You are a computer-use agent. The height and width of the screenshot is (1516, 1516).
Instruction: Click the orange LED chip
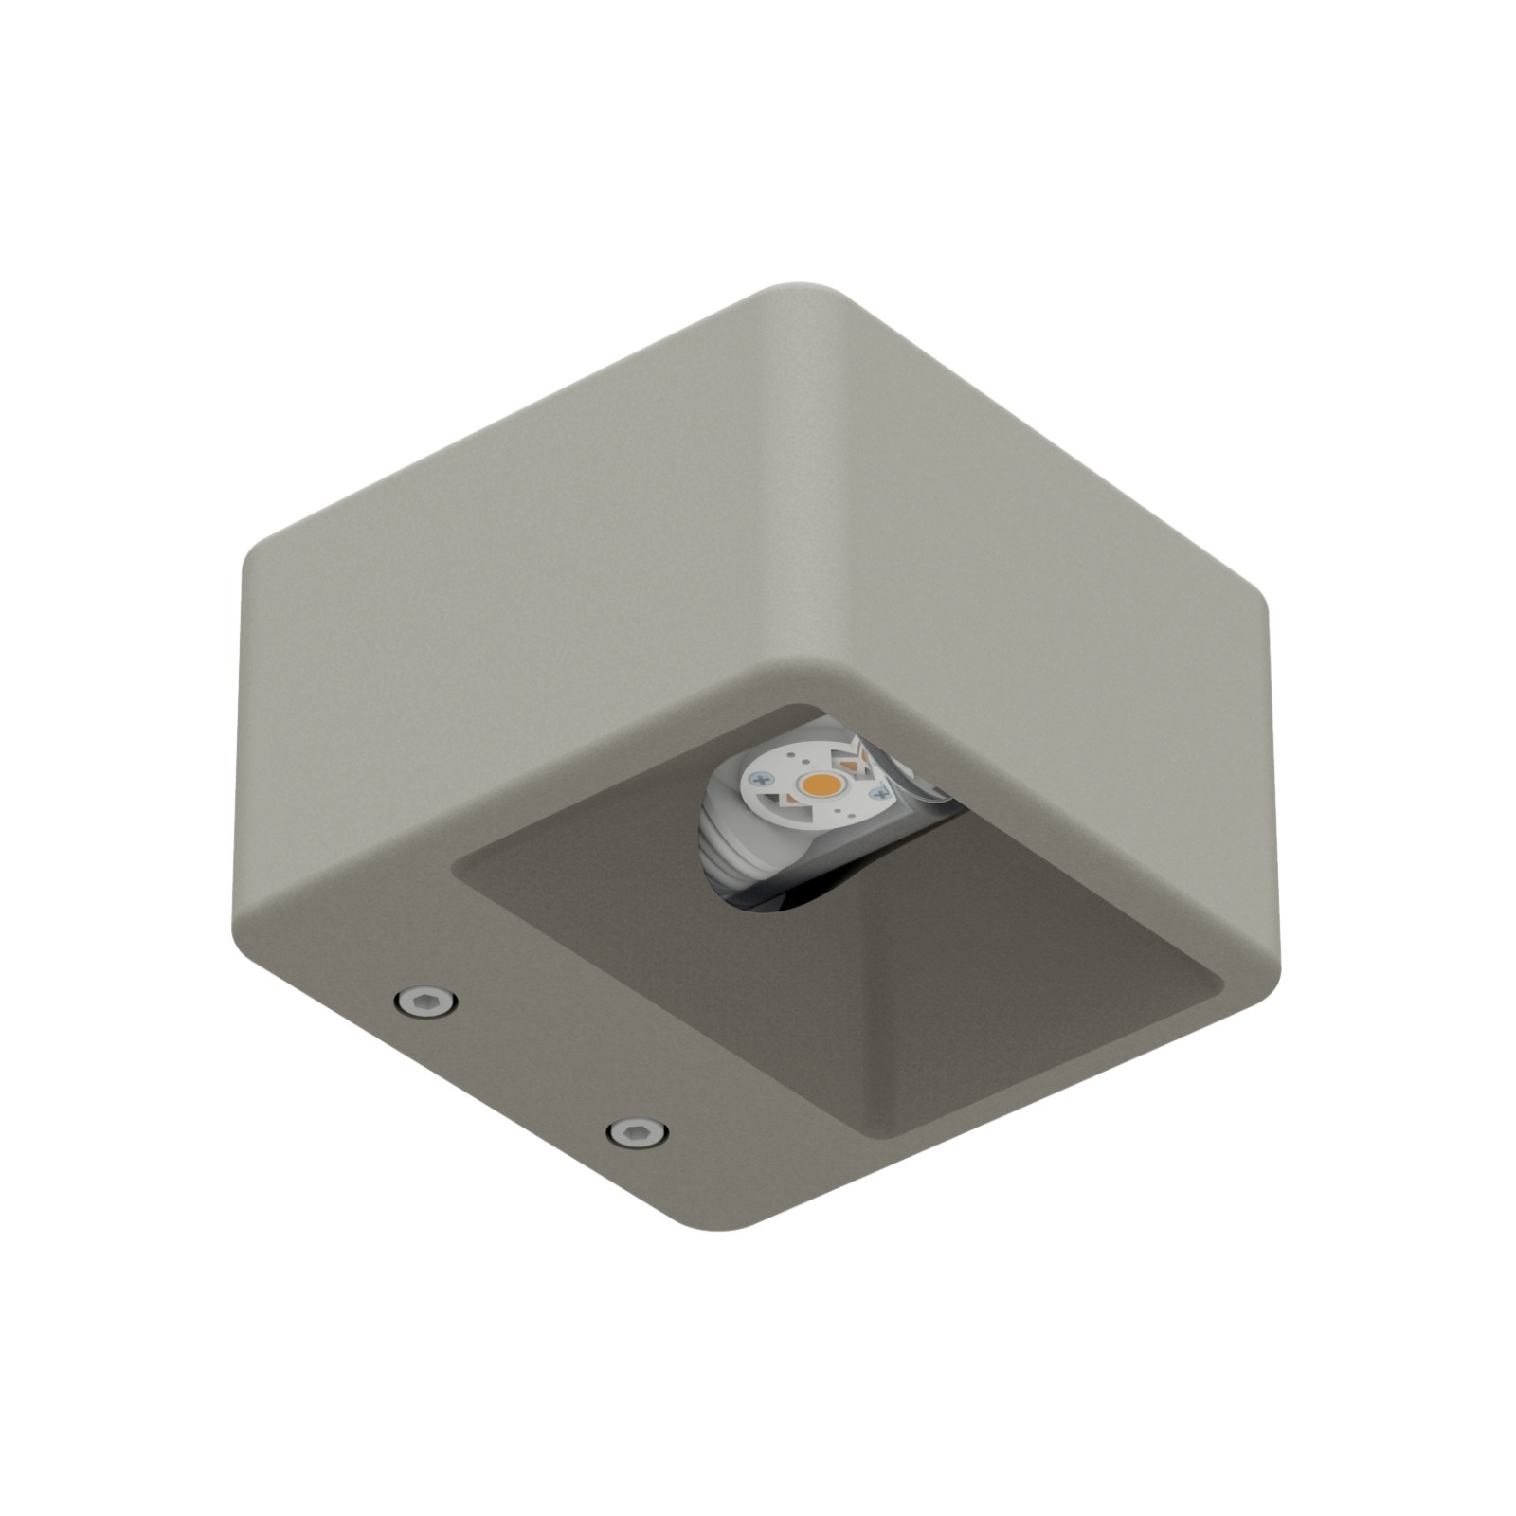[821, 784]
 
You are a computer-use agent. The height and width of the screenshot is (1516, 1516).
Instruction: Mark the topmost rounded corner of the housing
[801, 290]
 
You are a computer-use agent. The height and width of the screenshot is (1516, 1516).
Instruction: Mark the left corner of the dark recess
[459, 867]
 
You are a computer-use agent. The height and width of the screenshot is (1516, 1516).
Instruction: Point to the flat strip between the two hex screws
[531, 1066]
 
